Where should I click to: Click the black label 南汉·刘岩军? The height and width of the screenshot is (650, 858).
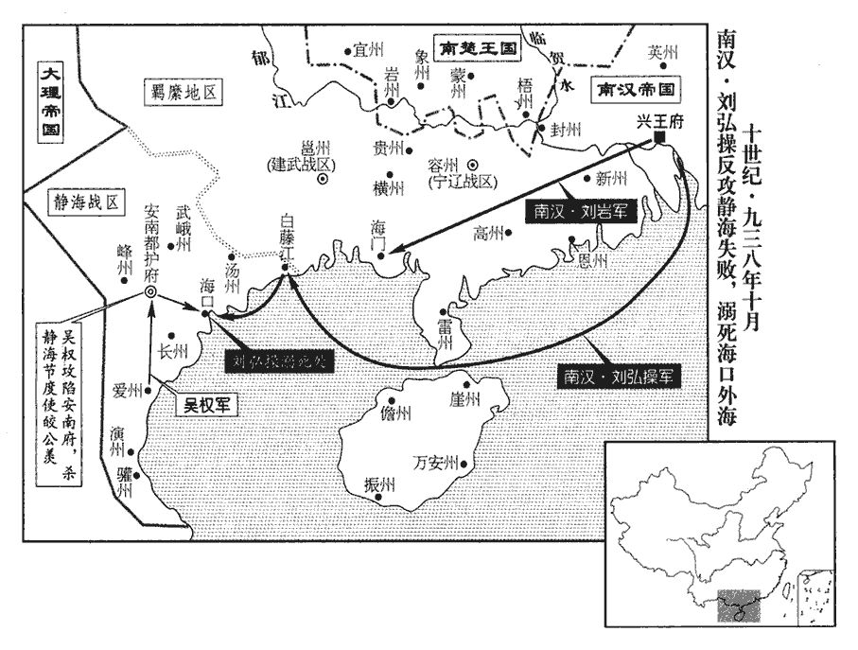[569, 211]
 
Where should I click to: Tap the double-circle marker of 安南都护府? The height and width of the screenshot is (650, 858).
[150, 292]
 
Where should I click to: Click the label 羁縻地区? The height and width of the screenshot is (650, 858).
[184, 92]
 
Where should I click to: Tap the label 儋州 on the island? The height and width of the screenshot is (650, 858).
[396, 413]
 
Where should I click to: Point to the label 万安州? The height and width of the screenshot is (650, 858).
[436, 463]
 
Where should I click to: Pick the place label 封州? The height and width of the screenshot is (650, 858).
[567, 132]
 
